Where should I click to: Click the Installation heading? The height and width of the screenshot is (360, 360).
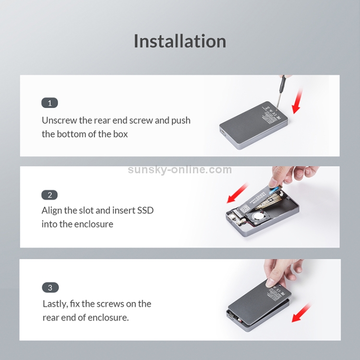tap(180, 41)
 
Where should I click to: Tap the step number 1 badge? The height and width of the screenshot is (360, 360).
tap(49, 103)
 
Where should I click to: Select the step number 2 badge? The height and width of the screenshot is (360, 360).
tap(49, 195)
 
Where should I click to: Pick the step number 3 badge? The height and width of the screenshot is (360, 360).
tap(50, 288)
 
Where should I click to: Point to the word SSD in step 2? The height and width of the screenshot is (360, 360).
tap(145, 210)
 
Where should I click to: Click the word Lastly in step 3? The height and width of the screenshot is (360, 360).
tap(55, 304)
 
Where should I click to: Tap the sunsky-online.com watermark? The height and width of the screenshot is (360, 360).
tap(180, 169)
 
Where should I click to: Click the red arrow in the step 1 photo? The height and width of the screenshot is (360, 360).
tap(298, 101)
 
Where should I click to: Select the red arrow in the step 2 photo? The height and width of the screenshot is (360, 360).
tap(238, 193)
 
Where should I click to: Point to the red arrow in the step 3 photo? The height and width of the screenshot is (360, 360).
tap(301, 312)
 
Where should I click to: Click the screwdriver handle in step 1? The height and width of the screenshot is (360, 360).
tap(282, 84)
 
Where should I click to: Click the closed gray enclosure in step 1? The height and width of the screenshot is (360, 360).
tap(253, 125)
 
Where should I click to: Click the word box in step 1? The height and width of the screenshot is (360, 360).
tap(120, 134)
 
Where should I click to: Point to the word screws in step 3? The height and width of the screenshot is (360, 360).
tap(108, 304)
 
